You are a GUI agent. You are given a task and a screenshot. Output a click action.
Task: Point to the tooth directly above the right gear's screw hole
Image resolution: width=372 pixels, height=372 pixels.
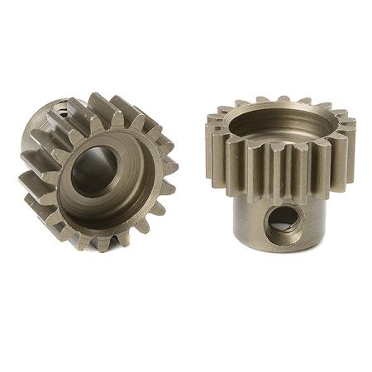coord(281,178)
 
